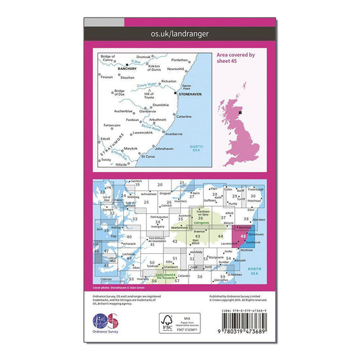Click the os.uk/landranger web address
point(179,31)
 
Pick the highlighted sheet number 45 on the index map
point(243,236)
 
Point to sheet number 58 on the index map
point(200,277)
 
